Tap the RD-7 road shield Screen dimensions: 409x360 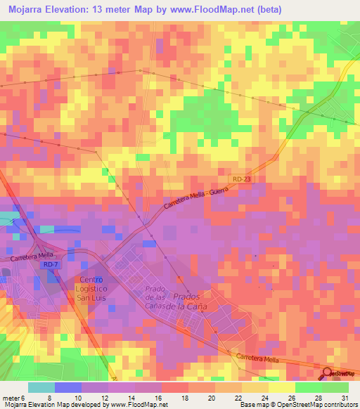[x=49, y=264]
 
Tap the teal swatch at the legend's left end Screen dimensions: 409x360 [x=41, y=388]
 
